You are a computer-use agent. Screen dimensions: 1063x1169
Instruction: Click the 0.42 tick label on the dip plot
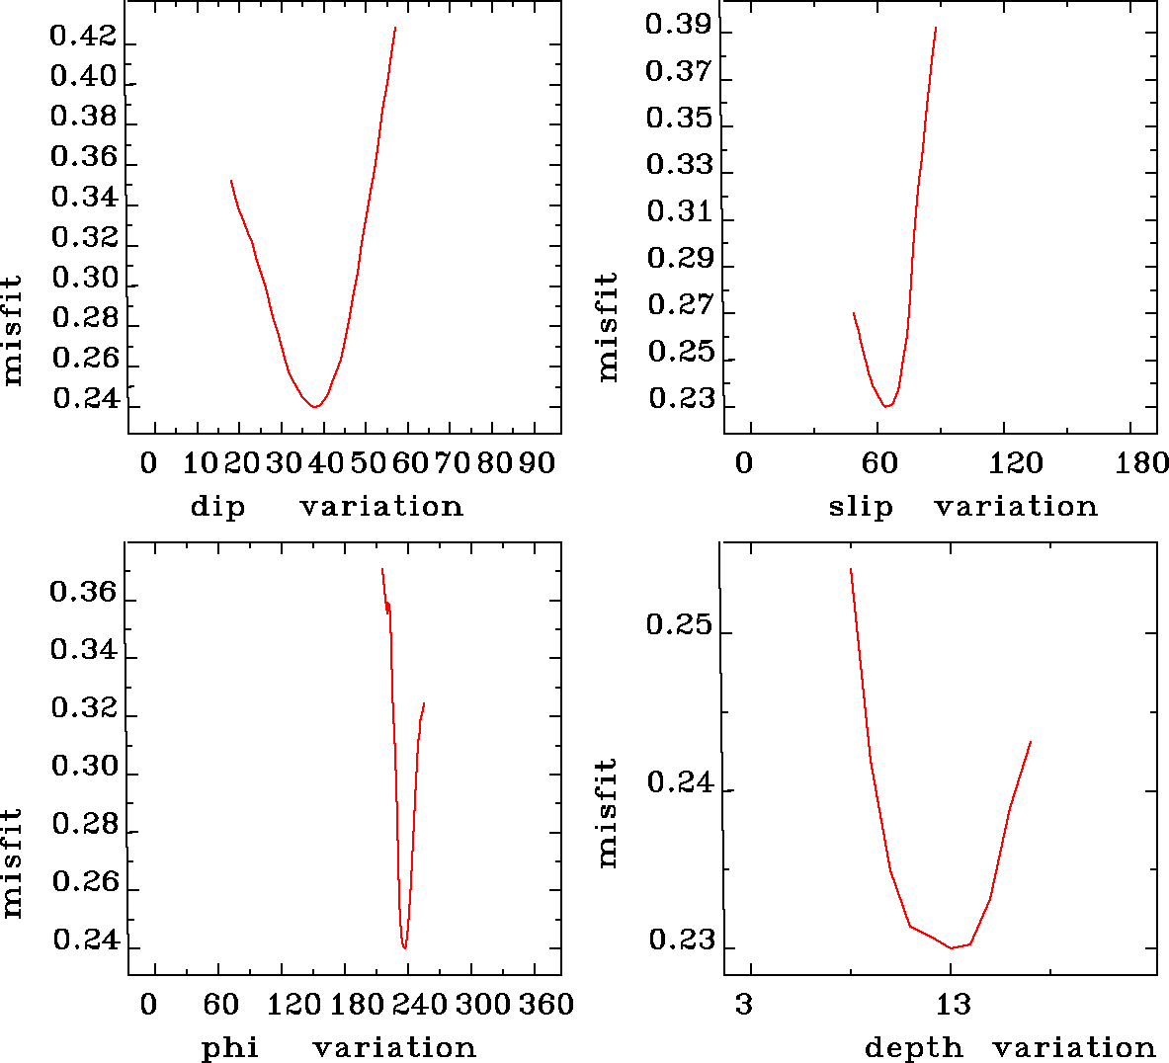83,38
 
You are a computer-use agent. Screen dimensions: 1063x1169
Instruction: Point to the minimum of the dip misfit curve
314,406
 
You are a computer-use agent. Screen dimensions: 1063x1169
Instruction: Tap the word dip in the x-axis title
217,507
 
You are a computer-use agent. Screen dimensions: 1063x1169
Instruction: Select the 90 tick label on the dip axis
536,462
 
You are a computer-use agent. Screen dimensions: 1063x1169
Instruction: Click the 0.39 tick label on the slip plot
678,24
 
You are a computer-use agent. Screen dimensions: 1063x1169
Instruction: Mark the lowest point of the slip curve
887,406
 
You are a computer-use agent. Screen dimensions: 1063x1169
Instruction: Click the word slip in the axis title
860,507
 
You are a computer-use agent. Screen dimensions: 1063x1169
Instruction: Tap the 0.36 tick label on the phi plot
83,593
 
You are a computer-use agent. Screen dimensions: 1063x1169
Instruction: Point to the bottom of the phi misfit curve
405,948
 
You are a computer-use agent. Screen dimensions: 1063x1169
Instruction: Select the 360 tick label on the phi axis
546,1005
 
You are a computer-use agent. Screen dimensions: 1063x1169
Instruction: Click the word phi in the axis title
230,1047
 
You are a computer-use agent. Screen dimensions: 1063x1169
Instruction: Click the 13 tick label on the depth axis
953,1005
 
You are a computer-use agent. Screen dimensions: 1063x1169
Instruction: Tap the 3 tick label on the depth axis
743,1005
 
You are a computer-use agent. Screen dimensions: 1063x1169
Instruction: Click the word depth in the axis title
913,1047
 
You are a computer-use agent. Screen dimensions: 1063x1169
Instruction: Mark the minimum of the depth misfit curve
951,948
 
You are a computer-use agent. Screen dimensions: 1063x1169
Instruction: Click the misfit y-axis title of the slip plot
607,327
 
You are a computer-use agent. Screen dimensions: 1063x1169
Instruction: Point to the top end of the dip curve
395,28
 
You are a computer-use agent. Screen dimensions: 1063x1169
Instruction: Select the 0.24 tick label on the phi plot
85,940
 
